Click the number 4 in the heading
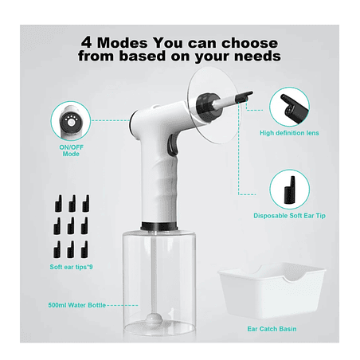[87, 42]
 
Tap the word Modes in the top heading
[123, 43]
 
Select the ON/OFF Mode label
[71, 151]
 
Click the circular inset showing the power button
[71, 121]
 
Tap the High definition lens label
[289, 133]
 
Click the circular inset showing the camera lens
[289, 107]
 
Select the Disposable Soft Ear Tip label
[289, 216]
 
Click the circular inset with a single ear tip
[290, 190]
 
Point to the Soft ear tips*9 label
[71, 267]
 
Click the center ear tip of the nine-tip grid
[71, 226]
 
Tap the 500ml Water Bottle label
[77, 305]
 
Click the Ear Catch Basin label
[272, 329]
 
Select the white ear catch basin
[272, 291]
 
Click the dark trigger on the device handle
[172, 145]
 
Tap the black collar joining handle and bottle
[159, 226]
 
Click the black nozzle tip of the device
[245, 96]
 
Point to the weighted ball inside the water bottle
[153, 318]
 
